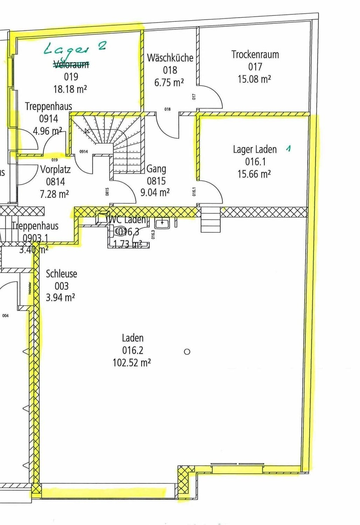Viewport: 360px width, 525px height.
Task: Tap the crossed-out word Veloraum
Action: (71, 64)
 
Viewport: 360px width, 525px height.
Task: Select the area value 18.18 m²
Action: (70, 89)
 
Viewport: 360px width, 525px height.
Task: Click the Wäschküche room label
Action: (170, 58)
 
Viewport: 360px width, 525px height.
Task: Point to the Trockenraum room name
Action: (255, 55)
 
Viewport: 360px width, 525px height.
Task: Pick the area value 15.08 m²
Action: (254, 79)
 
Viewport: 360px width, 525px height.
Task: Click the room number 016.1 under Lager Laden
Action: (255, 162)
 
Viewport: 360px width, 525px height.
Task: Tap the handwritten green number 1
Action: (288, 148)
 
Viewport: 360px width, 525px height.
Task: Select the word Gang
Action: (156, 169)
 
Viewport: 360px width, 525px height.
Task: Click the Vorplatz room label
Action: (55, 169)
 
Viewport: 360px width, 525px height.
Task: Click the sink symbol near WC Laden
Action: (162, 223)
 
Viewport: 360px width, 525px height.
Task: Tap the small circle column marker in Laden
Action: (187, 351)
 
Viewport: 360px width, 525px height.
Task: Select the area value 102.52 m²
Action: (132, 363)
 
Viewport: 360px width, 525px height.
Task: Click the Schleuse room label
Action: (61, 274)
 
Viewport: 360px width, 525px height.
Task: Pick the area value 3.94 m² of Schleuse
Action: (60, 297)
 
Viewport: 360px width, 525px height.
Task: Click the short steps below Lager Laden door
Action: (210, 219)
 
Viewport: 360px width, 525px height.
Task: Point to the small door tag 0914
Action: (84, 152)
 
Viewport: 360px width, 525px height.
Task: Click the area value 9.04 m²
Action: (155, 192)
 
